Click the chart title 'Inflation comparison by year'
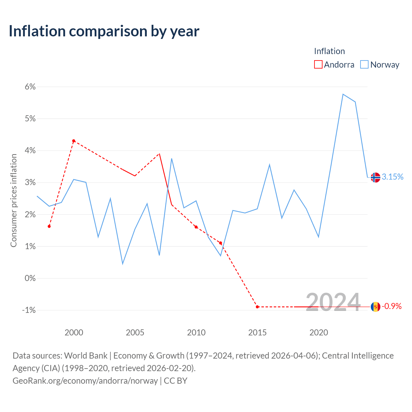point(104,31)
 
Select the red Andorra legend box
point(318,64)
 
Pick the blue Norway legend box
point(364,64)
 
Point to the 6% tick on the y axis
point(30,87)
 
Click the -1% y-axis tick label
point(29,310)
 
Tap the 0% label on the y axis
point(30,278)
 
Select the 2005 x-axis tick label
point(135,332)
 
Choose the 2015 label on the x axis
point(257,332)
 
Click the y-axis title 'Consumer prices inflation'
point(14,201)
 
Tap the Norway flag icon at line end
point(375,177)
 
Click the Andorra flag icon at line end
point(375,307)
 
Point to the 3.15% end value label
point(393,177)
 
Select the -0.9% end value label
point(392,306)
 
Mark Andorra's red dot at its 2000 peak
point(74,141)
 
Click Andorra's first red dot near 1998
point(49,226)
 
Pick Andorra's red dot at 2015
point(257,307)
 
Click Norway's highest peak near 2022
point(343,94)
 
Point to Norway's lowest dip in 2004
point(123,264)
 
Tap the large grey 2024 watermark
point(333,303)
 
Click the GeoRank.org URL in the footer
point(85,381)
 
